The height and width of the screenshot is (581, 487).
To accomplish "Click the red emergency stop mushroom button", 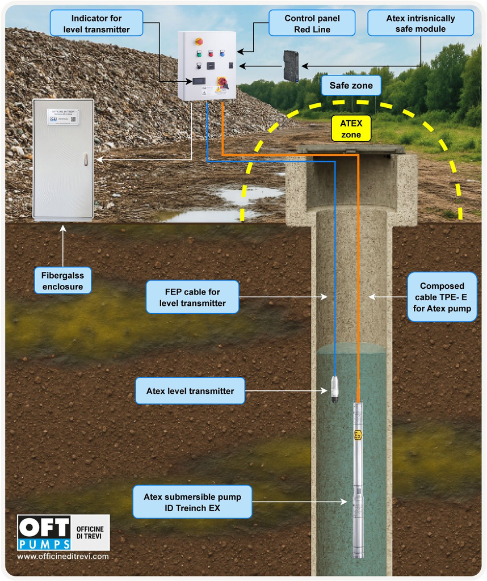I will click(x=199, y=41).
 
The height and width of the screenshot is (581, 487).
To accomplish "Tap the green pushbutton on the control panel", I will click(x=199, y=54).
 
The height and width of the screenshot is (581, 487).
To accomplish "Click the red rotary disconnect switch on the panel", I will click(x=223, y=83).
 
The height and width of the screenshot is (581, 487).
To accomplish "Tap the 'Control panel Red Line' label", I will click(x=312, y=24).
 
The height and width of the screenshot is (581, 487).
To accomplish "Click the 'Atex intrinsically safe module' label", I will click(x=420, y=24).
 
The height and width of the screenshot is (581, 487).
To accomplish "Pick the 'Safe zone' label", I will click(x=351, y=86).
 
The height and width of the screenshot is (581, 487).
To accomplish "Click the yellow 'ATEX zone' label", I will click(x=350, y=129).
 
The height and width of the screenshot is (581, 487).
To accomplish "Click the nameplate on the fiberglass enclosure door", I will click(x=63, y=117).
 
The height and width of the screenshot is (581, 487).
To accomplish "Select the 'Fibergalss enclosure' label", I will click(x=62, y=281).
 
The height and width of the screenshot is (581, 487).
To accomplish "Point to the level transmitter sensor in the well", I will click(x=334, y=390).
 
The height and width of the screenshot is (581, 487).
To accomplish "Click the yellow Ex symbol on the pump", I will click(x=358, y=436).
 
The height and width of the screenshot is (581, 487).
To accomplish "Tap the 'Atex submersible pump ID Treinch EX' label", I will click(x=192, y=502).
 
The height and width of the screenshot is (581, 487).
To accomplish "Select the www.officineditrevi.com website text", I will click(x=63, y=557).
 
